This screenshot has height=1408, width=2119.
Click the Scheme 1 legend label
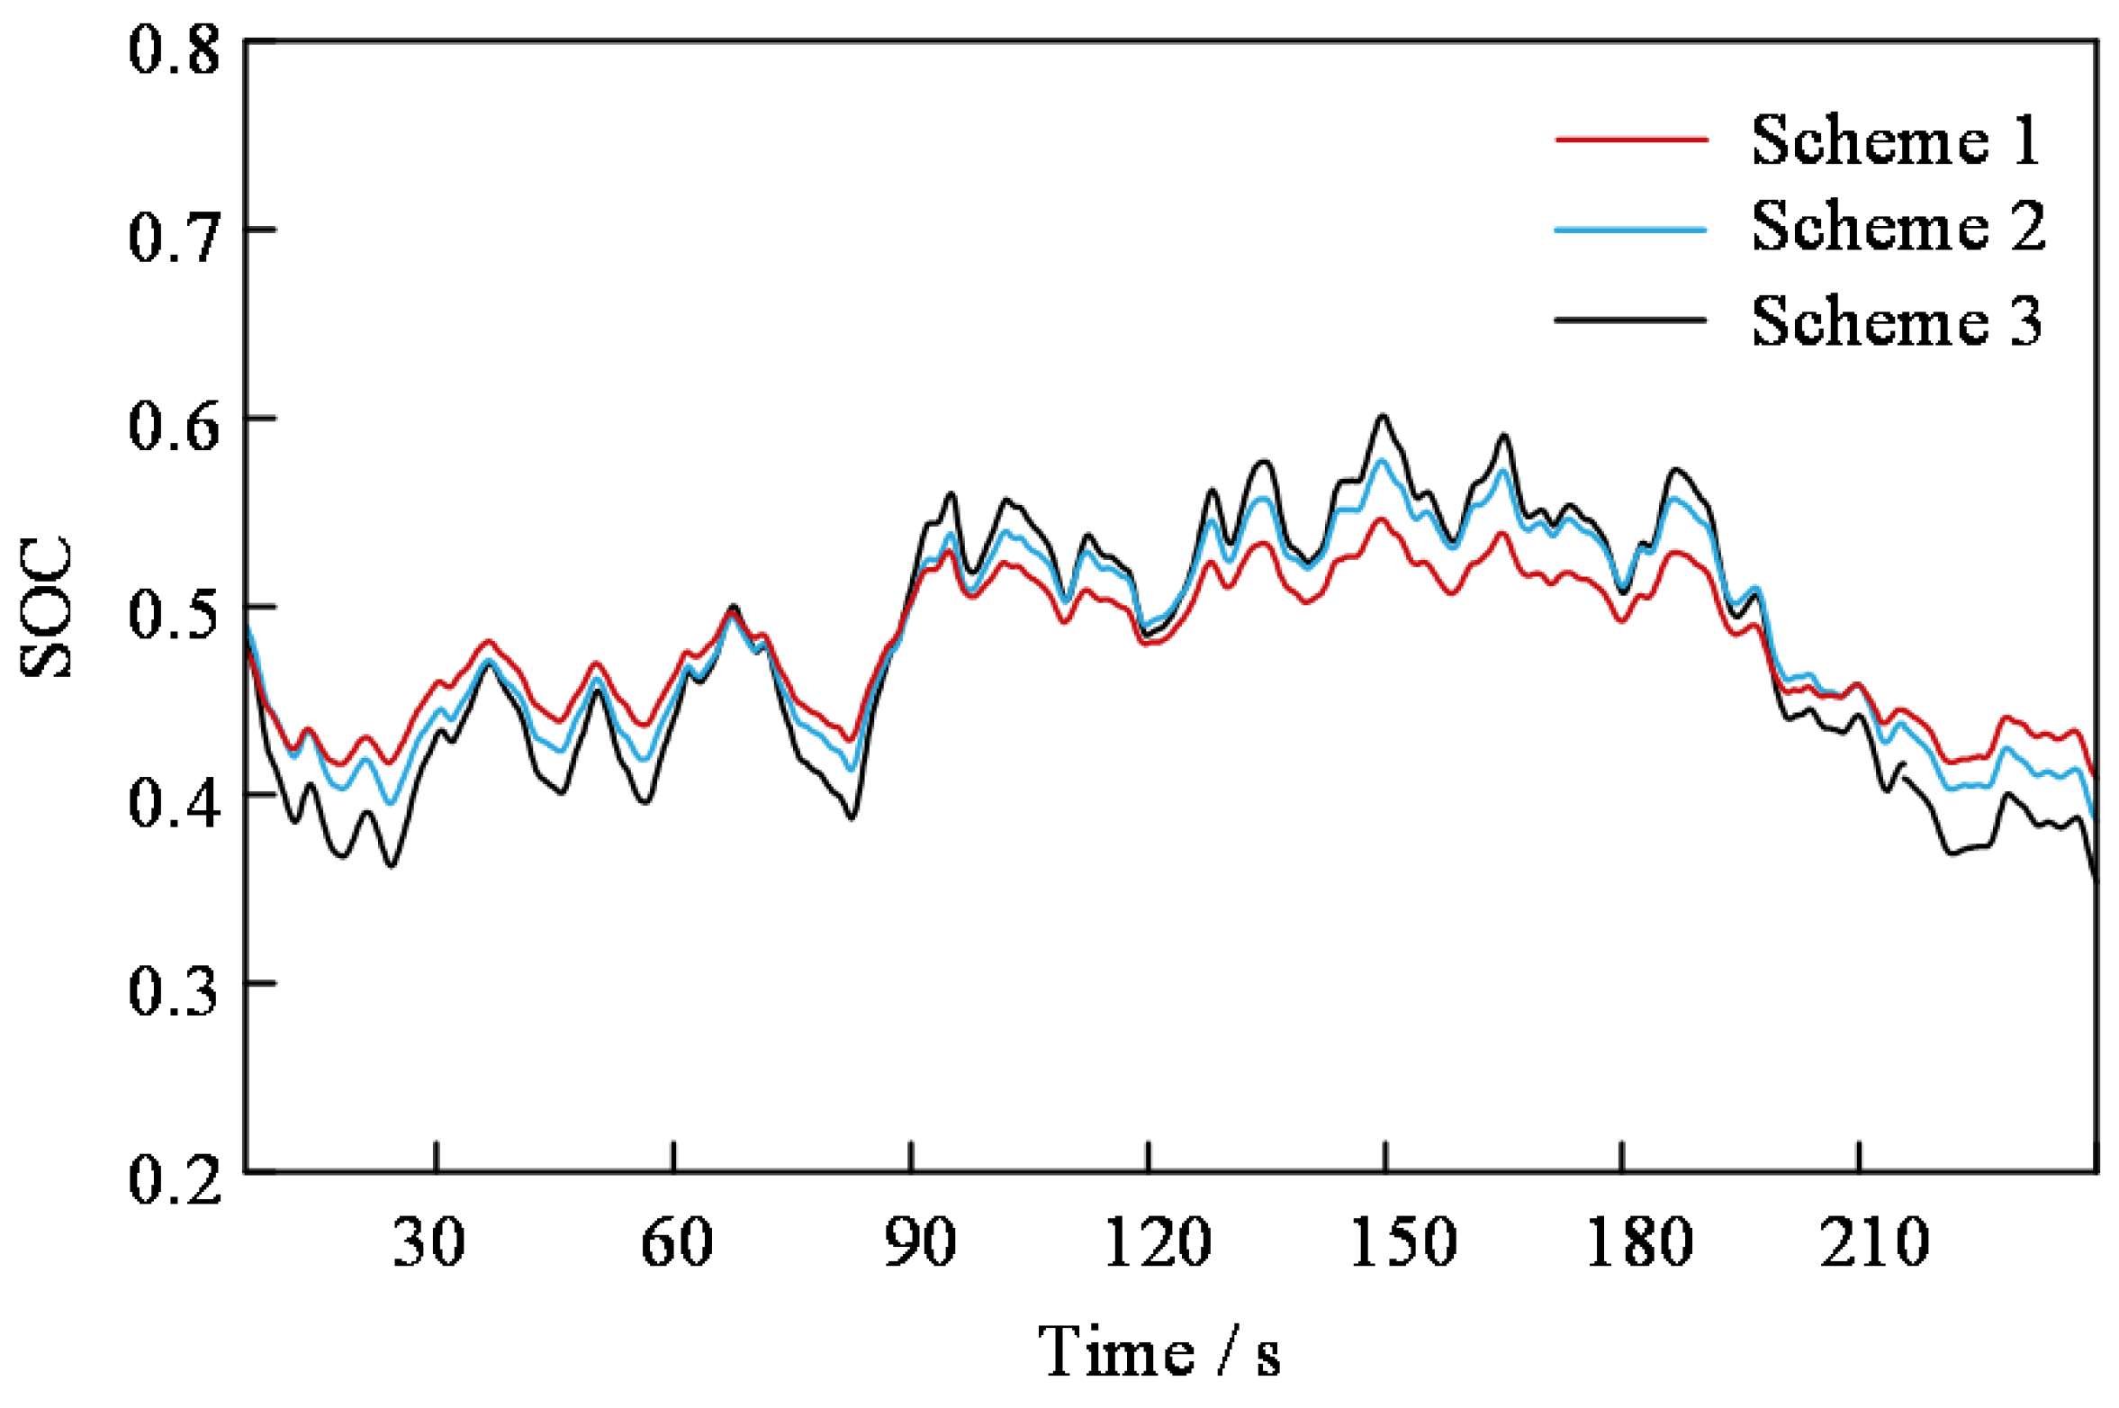[1896, 141]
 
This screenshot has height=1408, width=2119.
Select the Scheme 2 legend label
[1898, 226]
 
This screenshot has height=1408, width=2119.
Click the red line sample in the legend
[1631, 140]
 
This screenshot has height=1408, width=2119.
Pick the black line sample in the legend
[1631, 320]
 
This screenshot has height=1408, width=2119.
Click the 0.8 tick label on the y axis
[174, 50]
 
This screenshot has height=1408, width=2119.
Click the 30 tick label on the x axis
[429, 1243]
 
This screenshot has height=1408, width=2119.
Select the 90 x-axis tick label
[919, 1243]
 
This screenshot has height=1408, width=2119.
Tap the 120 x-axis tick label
[1158, 1243]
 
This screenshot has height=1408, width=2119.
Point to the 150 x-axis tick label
[1403, 1243]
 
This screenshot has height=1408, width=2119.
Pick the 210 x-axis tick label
[1875, 1243]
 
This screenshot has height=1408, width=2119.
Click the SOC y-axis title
[45, 606]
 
